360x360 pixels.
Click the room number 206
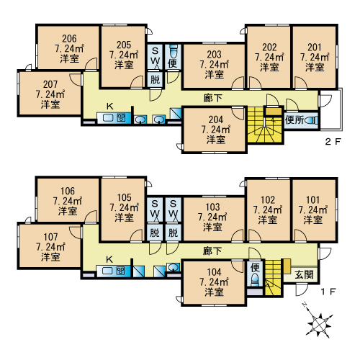point(69,38)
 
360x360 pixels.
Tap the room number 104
point(214,272)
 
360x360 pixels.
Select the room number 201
point(315,48)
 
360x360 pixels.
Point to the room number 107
point(50,237)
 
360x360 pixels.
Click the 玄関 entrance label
point(304,274)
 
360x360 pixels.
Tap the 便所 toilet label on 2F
point(294,120)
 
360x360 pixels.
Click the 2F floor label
point(333,142)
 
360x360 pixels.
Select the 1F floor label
point(328,292)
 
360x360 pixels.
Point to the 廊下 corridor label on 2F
point(213,98)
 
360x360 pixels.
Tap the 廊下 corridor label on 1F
point(212,251)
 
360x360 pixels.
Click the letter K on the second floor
point(110,106)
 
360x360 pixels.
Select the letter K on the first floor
point(109,259)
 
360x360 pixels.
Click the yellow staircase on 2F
point(265,125)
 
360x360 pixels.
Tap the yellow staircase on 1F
point(273,277)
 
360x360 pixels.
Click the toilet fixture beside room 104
point(255,279)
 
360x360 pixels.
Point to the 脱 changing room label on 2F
point(155,79)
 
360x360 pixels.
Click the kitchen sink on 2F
point(108,118)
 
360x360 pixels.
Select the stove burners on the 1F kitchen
point(121,271)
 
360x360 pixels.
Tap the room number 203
point(214,55)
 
